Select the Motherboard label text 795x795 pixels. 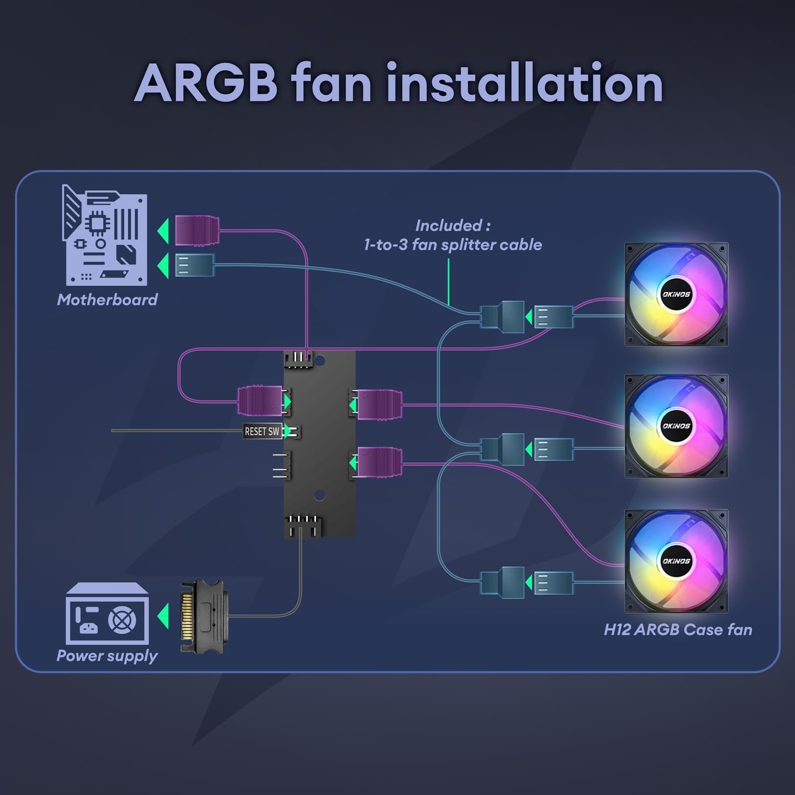pyautogui.click(x=107, y=300)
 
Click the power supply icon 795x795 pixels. pyautogui.click(x=107, y=614)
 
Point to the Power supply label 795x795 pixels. pyautogui.click(x=107, y=656)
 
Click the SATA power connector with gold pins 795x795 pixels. pyautogui.click(x=202, y=617)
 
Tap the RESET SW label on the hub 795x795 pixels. pyautogui.click(x=262, y=431)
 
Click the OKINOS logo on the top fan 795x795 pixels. pyautogui.click(x=676, y=294)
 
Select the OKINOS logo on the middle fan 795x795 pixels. pyautogui.click(x=676, y=426)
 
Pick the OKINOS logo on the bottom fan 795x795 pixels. pyautogui.click(x=676, y=561)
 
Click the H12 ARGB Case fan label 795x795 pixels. pyautogui.click(x=678, y=630)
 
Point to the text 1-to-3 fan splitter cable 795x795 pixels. pyautogui.click(x=453, y=244)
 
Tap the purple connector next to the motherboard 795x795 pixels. pyautogui.click(x=197, y=231)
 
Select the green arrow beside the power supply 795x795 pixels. pyautogui.click(x=163, y=616)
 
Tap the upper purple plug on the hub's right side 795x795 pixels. pyautogui.click(x=379, y=404)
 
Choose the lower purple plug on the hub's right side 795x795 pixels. pyautogui.click(x=379, y=462)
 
